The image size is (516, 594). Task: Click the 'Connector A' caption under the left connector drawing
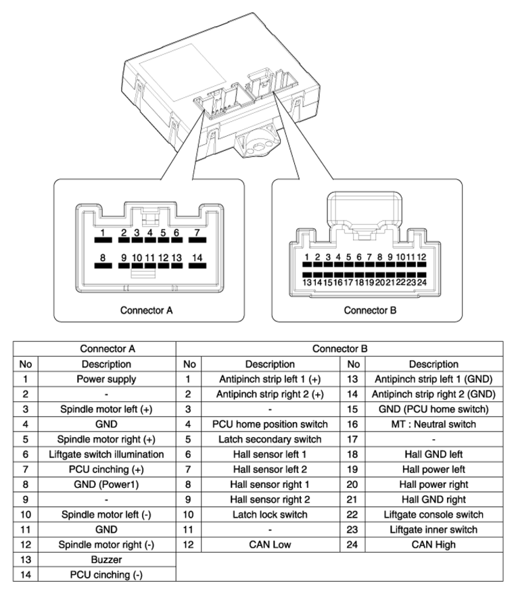coord(146,311)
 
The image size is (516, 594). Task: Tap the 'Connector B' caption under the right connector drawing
coord(370,311)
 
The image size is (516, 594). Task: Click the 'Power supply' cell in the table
coord(106,380)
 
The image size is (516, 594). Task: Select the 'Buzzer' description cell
coord(106,559)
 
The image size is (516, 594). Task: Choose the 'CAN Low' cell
coord(270,545)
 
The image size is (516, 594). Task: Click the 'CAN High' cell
coord(434,545)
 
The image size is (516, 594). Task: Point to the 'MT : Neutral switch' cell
coord(434,424)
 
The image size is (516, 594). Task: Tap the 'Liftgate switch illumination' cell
coord(106,454)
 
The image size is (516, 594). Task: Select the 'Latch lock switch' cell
coord(270,514)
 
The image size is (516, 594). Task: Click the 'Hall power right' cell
coord(434,484)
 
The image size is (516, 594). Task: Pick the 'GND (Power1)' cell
coord(106,484)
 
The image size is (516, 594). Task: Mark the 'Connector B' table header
coord(339,348)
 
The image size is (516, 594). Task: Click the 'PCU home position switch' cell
coord(270,424)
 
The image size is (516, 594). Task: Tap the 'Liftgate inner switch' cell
coord(434,530)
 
